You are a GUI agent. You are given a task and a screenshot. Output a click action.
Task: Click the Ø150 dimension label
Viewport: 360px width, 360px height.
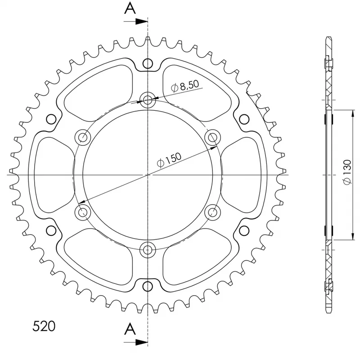click(169, 160)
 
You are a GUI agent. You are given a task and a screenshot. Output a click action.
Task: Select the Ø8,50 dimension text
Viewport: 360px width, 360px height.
click(185, 85)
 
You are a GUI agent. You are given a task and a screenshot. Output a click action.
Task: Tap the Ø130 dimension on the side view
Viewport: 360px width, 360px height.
click(347, 172)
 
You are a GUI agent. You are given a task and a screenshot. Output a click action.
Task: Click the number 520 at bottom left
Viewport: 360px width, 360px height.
click(44, 326)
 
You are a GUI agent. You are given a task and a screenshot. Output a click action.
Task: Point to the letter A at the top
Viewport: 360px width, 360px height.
click(130, 8)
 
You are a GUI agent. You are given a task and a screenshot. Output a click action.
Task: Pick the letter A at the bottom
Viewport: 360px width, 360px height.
click(130, 328)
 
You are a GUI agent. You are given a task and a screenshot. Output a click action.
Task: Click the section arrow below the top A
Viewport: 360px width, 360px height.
click(136, 22)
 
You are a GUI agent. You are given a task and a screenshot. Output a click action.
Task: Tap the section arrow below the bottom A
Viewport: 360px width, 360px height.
click(136, 342)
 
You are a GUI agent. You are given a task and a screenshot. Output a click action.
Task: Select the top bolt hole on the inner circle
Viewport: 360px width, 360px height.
click(148, 100)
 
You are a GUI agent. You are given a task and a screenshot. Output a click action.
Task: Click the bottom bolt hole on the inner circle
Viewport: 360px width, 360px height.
click(148, 250)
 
